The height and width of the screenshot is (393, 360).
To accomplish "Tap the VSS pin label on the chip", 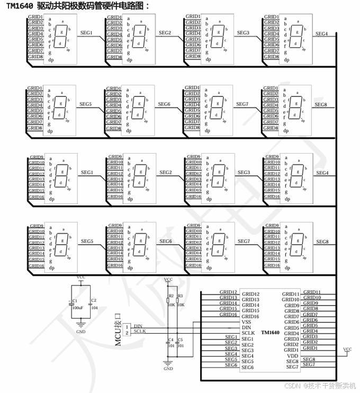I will coord(247,322).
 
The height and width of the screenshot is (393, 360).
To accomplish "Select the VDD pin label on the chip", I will coord(292,355).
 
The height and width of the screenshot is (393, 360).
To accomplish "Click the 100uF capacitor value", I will coord(76,307).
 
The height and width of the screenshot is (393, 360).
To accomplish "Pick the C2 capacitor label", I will coord(94,300).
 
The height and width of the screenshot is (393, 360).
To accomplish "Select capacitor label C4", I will coord(170,339).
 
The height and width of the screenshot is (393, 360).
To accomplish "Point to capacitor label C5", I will coord(180,339).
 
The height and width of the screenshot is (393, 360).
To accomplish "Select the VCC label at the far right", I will coord(347,350).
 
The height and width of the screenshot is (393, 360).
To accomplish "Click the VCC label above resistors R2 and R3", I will coord(168,279).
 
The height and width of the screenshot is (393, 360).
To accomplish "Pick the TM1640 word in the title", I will coord(21,6).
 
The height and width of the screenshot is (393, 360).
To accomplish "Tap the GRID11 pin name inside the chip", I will coord(291,294).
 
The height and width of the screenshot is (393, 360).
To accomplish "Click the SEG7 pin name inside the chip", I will coord(292,367).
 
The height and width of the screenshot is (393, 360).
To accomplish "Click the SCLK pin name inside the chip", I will coord(248,333).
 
